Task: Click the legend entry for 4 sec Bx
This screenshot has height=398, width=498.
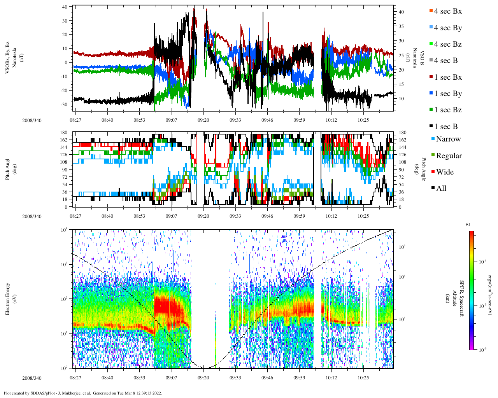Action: click(448, 11)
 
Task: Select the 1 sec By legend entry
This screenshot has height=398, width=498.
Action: click(448, 94)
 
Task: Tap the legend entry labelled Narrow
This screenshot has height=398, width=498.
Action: click(448, 139)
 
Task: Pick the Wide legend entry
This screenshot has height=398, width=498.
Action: click(444, 172)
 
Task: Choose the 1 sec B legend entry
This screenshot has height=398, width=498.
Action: click(446, 127)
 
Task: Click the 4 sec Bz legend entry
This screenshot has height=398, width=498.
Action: click(448, 44)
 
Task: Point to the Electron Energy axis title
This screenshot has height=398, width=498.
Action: click(7, 298)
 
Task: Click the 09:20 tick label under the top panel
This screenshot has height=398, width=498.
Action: click(203, 120)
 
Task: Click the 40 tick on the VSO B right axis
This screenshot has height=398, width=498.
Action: click(401, 12)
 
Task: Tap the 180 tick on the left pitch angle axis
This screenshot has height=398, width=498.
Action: click(63, 133)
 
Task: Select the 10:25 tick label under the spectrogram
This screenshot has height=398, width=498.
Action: click(363, 378)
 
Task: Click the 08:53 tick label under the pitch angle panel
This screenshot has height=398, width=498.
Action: click(139, 216)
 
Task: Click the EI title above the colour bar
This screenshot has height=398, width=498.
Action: click(468, 225)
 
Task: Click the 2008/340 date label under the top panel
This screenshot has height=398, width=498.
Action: click(32, 120)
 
